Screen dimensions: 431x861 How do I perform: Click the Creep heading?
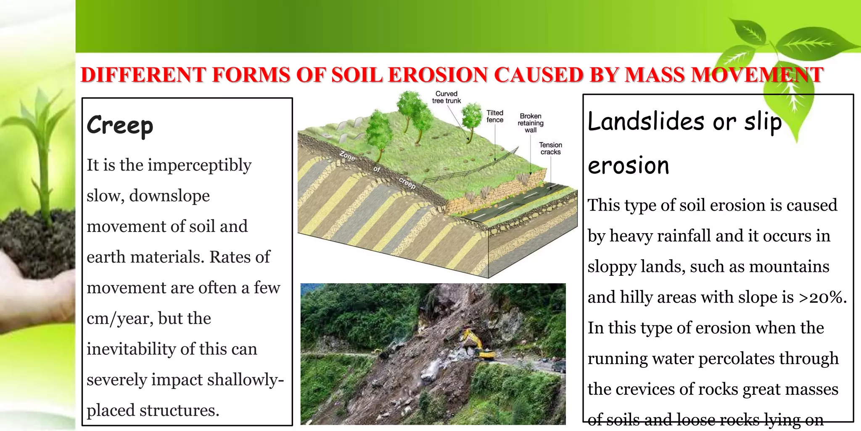tap(120, 125)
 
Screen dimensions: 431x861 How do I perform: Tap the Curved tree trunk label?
tap(446, 97)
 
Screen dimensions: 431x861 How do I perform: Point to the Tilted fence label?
tap(495, 116)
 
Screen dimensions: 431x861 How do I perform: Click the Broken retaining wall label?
tap(531, 123)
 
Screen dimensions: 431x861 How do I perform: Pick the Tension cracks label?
tap(550, 148)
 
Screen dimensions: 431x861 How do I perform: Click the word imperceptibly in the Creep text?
tap(199, 165)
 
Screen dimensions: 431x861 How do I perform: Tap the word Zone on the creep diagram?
tap(347, 156)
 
